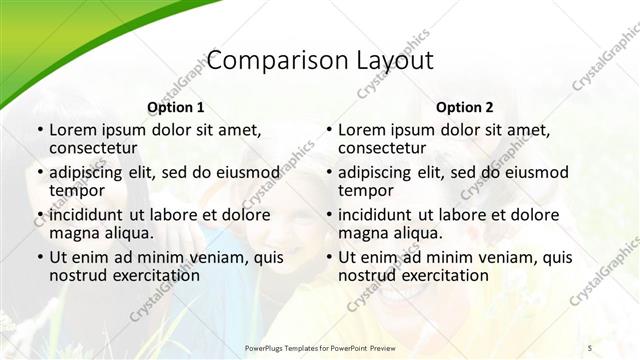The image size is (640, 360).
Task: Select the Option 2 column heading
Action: point(464,107)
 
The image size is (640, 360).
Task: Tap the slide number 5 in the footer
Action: point(590,346)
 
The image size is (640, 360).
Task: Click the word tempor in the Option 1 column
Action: point(77,191)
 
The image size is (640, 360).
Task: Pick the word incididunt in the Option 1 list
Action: point(87,214)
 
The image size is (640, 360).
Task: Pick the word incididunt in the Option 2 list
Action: point(376,214)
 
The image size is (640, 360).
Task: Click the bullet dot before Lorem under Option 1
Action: point(38,130)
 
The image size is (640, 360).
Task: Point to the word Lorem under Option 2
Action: point(361,129)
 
